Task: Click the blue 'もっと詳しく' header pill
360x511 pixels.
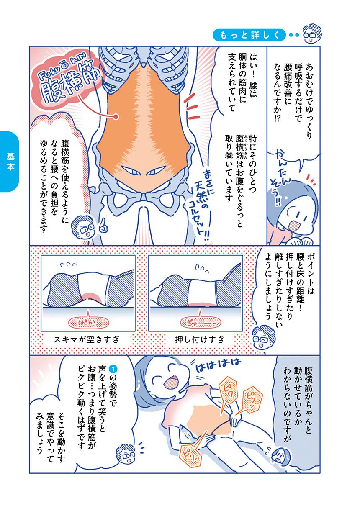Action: pyautogui.click(x=249, y=35)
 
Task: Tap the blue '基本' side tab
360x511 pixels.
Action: pyautogui.click(x=10, y=162)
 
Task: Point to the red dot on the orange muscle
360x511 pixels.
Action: pyautogui.click(x=116, y=117)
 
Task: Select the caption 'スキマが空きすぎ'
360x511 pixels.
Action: pyautogui.click(x=87, y=340)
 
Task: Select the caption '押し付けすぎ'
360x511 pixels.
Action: pyautogui.click(x=200, y=340)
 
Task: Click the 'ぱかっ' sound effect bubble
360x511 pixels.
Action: pyautogui.click(x=88, y=323)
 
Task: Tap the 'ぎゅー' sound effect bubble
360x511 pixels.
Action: pyautogui.click(x=201, y=323)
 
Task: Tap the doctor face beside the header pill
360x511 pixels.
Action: pyautogui.click(x=312, y=34)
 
